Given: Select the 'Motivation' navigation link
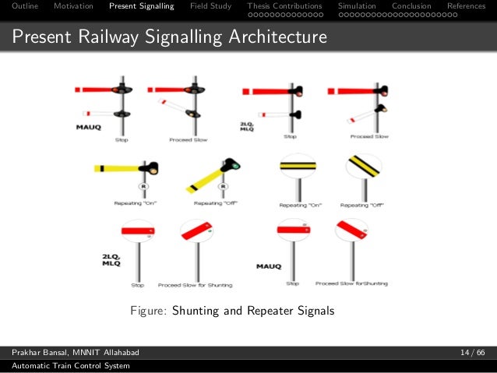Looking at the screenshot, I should tap(73, 6).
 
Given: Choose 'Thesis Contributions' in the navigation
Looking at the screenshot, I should tap(284, 6).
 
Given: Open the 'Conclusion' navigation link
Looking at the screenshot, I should tap(411, 6).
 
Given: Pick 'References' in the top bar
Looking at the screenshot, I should tap(466, 6).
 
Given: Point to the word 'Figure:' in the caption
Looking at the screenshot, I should tap(148, 311).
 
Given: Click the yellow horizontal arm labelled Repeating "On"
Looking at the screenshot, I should tap(122, 168).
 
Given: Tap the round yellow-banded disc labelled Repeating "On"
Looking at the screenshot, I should tap(298, 166).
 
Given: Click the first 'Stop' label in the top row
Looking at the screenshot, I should tap(121, 140).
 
